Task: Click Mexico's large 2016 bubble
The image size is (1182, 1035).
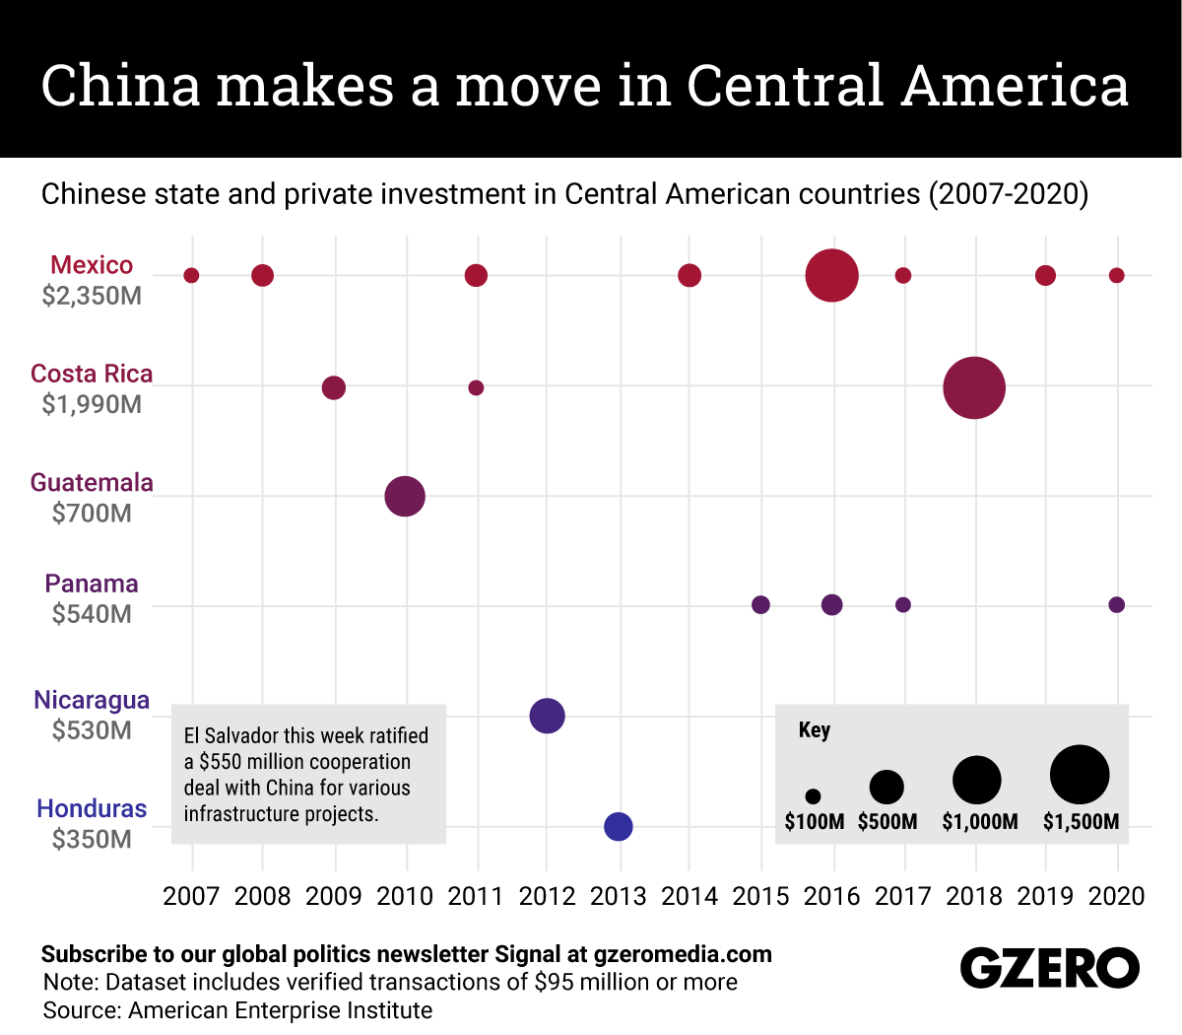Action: tap(832, 276)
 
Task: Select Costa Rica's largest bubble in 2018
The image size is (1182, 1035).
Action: tap(974, 387)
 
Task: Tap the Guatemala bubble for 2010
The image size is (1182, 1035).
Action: tap(405, 496)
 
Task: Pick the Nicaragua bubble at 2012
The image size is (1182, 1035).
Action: tap(548, 716)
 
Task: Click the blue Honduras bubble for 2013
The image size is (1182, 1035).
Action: tap(619, 826)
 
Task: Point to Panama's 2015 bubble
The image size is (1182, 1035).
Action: tap(760, 604)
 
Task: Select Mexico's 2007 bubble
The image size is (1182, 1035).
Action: tap(192, 275)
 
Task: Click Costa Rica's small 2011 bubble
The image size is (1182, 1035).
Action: tap(476, 387)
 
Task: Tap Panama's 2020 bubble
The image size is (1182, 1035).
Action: tap(1116, 604)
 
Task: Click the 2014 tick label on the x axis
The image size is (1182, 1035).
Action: tap(689, 896)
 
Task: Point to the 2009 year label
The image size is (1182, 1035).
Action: tap(334, 896)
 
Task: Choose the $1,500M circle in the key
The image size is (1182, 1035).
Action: tap(1080, 775)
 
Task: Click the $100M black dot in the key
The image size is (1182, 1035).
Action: tap(813, 796)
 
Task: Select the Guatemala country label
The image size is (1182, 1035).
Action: tap(92, 482)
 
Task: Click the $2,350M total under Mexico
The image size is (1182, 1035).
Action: tap(92, 296)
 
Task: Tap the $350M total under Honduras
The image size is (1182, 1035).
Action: tap(92, 839)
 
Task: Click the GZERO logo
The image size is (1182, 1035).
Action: tap(1050, 968)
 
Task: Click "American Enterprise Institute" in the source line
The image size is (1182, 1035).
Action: tap(281, 1010)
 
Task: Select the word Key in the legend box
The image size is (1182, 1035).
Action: tap(815, 730)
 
